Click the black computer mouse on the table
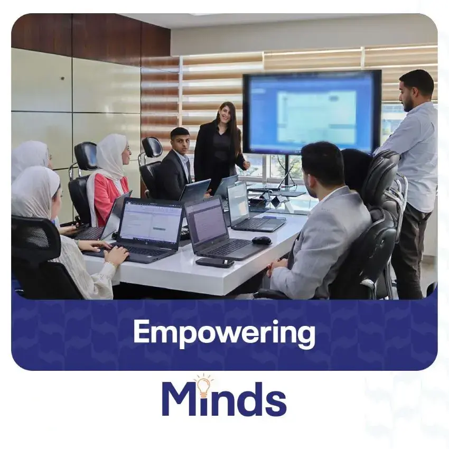(261, 240)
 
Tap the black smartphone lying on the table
(215, 262)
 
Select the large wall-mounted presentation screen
(312, 112)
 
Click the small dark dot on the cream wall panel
(62, 78)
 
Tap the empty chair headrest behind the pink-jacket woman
(86, 156)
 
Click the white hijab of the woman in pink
(110, 156)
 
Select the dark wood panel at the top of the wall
(86, 37)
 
